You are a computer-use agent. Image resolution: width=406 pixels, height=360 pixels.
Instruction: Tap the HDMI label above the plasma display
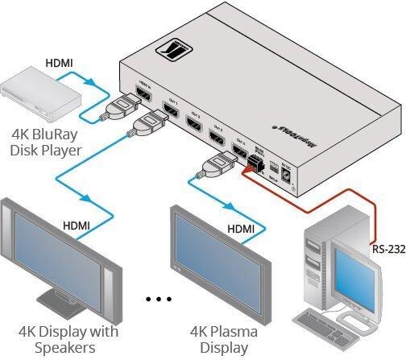(240, 230)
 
